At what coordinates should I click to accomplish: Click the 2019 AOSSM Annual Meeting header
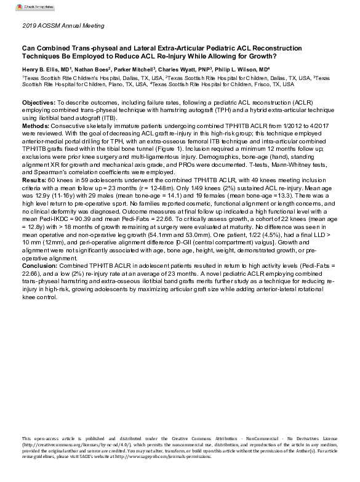click(x=59, y=26)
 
